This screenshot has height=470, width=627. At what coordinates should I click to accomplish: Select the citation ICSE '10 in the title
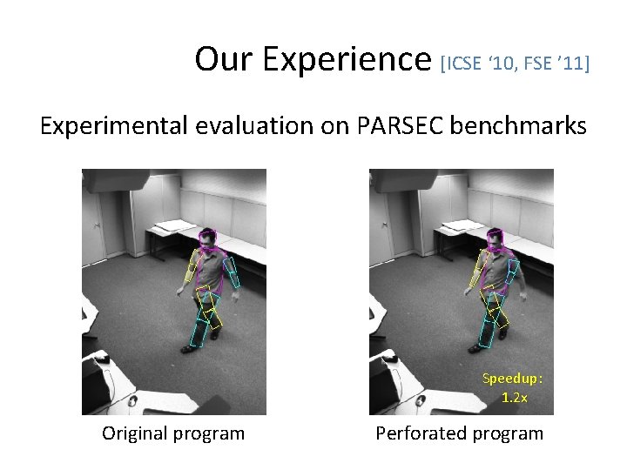[482, 64]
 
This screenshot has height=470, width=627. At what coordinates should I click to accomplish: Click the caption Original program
[173, 433]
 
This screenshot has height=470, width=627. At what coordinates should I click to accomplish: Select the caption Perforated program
[459, 433]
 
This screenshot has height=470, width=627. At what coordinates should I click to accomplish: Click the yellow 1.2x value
[514, 397]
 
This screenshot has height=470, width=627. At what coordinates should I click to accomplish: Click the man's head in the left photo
[207, 238]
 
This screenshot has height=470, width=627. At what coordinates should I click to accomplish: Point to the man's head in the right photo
[495, 238]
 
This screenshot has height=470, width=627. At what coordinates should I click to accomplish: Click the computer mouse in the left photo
[101, 359]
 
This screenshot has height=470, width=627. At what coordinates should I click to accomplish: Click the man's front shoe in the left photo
[188, 349]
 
